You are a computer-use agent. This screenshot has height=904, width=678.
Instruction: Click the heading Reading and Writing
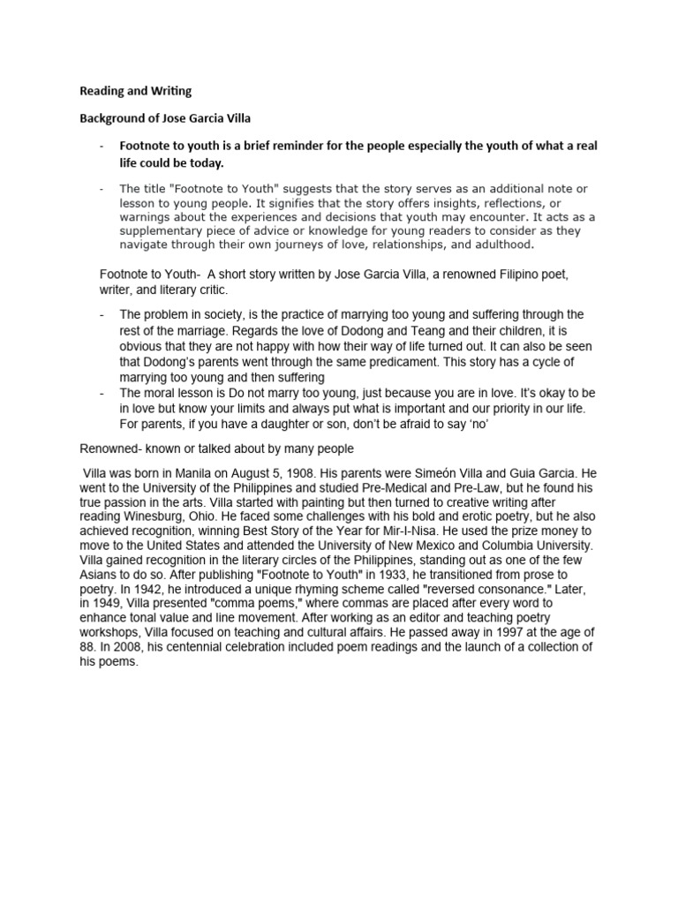click(x=135, y=90)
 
